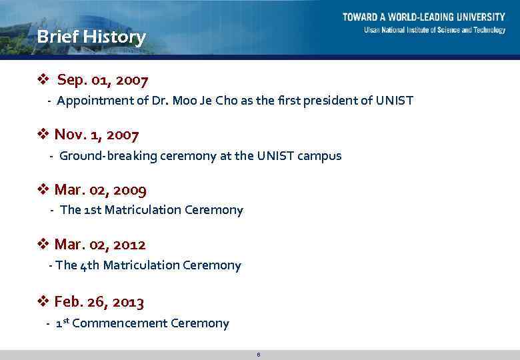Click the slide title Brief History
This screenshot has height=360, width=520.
(x=91, y=37)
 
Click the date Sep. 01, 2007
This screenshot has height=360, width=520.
(x=103, y=81)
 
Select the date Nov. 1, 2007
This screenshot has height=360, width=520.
(x=97, y=135)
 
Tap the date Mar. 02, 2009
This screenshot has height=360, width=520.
(x=100, y=190)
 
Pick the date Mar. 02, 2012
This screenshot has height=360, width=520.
(x=100, y=245)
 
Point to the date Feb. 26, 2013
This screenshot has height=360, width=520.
(x=99, y=302)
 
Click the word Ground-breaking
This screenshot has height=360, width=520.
(x=109, y=156)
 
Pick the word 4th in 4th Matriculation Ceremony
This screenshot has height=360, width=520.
(x=89, y=265)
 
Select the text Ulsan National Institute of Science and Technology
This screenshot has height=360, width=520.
(x=434, y=30)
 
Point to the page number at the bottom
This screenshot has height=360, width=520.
(x=258, y=354)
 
